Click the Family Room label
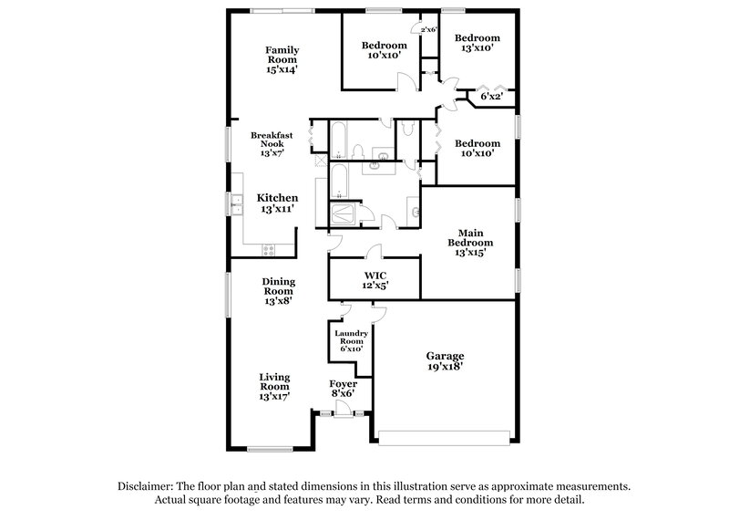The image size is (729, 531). (282, 59)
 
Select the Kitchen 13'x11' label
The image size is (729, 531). (277, 203)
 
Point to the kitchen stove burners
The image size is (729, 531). (269, 250)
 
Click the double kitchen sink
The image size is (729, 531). (236, 204)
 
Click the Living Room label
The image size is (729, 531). (274, 386)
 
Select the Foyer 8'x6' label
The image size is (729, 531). (343, 390)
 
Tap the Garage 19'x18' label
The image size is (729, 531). (446, 361)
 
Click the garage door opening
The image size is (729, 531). (447, 436)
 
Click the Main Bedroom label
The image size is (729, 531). (470, 243)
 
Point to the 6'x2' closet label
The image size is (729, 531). (493, 95)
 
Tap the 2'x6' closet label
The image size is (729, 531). (427, 29)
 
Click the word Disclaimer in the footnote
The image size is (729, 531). (149, 487)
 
